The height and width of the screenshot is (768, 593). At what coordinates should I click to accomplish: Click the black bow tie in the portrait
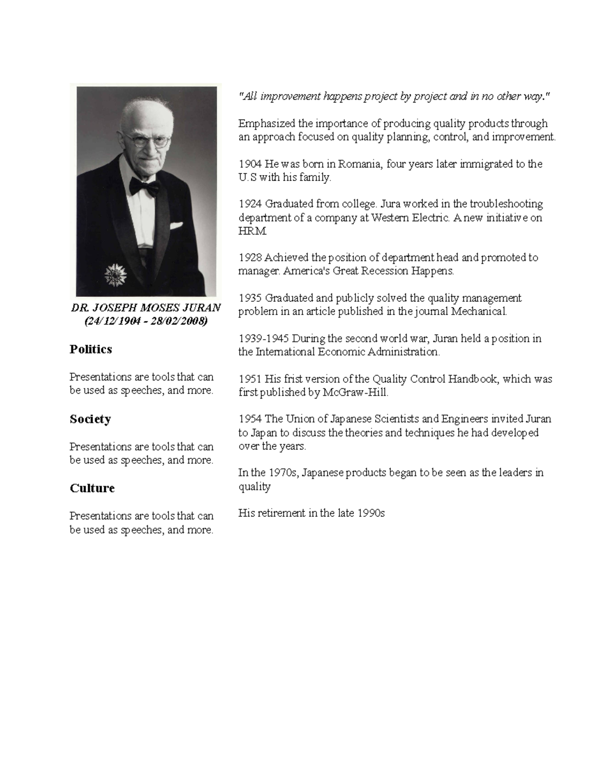click(144, 186)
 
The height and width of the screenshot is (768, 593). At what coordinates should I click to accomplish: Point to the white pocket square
click(177, 226)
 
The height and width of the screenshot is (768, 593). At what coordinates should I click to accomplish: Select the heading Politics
click(91, 349)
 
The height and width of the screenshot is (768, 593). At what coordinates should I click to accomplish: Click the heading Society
click(90, 419)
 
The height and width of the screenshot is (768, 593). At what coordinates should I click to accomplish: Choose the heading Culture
click(92, 488)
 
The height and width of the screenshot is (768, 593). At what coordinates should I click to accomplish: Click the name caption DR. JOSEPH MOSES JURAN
click(146, 308)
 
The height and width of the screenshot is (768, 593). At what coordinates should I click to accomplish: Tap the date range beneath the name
click(146, 321)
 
